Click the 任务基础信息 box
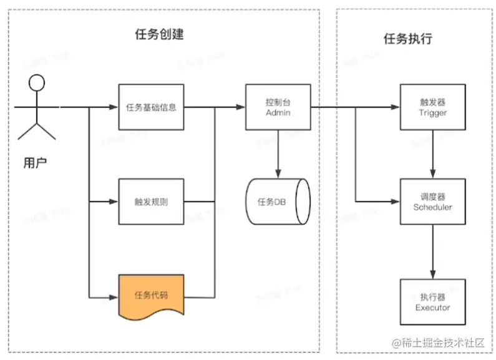pos(151,107)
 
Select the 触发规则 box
pos(151,202)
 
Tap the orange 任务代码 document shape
pos(151,294)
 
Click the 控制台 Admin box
pos(278,107)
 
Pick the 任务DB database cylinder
pos(278,202)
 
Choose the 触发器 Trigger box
pos(432,107)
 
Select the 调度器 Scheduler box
pos(432,202)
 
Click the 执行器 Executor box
pos(432,302)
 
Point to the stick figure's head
pos(38,84)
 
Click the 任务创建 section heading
pos(159,35)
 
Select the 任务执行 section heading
pos(407,39)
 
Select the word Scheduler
pos(432,207)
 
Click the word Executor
pos(432,307)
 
